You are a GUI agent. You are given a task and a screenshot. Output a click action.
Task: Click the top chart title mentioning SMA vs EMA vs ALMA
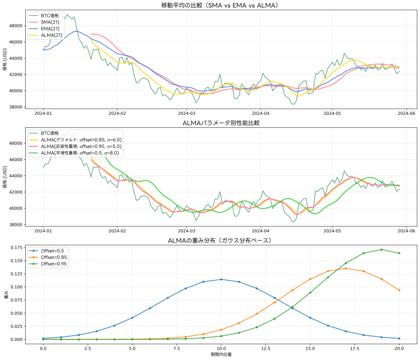[x=221, y=5]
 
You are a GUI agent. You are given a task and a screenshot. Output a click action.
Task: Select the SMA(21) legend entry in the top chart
[x=49, y=22]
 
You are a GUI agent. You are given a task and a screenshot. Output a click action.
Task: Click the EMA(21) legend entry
[x=49, y=28]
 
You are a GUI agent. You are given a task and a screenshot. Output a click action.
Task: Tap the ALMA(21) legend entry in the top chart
[x=50, y=35]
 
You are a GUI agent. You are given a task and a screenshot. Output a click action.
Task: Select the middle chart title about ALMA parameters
[x=221, y=123]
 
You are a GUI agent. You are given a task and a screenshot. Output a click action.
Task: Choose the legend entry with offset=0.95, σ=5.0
[x=81, y=146]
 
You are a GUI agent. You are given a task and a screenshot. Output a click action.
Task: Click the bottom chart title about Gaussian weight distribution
[x=221, y=241]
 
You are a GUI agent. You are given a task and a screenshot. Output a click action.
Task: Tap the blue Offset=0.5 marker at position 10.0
[x=221, y=279]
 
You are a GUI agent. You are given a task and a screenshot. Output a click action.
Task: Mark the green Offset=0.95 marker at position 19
[x=381, y=250]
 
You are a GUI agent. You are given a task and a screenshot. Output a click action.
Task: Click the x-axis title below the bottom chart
[x=221, y=355]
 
